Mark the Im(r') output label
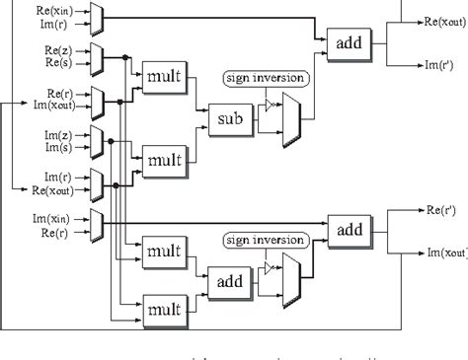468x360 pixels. (439, 65)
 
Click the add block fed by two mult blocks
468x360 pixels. (226, 281)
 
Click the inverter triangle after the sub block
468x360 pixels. (270, 105)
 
